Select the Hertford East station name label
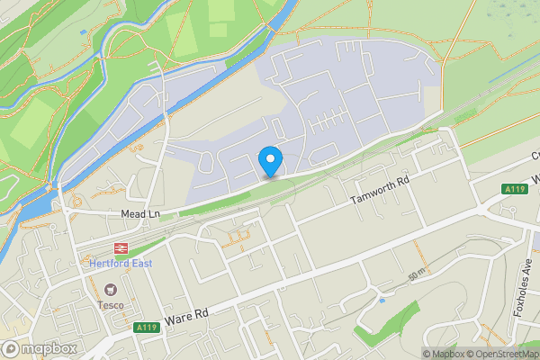tap(121, 264)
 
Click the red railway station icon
tap(118, 247)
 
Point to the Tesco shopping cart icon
tap(111, 290)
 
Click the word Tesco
tap(111, 305)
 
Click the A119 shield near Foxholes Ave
tap(515, 189)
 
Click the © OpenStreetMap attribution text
tap(500, 354)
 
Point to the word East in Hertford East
tap(139, 264)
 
